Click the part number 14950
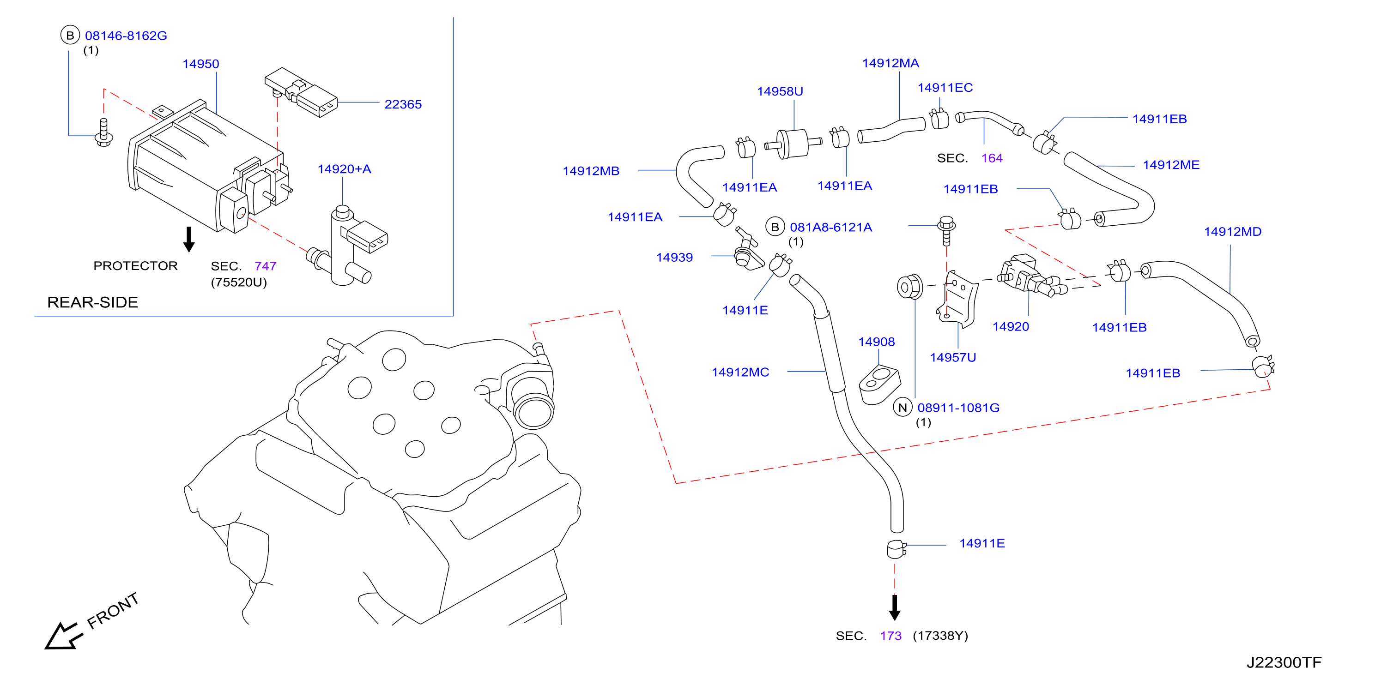201,64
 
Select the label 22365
403,105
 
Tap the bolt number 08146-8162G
126,36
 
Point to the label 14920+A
344,169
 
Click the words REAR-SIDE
92,302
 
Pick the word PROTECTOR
136,266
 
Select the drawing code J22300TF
1284,662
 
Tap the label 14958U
780,91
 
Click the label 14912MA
890,63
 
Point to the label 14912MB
591,171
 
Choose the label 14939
674,257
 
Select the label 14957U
953,357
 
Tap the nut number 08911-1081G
958,408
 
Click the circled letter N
903,408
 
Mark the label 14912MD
1232,232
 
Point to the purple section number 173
890,636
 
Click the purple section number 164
992,158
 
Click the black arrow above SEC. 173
895,607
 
